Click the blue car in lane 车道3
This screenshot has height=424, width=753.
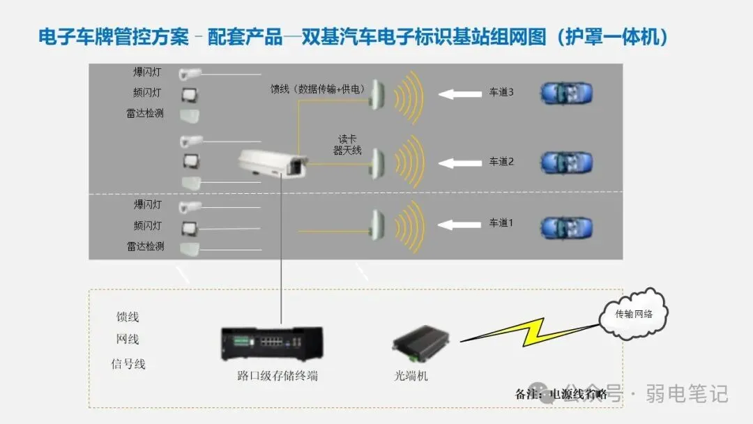tap(566, 93)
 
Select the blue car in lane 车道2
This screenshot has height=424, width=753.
tap(566, 162)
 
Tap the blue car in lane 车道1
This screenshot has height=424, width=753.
tap(566, 227)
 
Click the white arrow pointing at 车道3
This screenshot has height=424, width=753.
tap(459, 93)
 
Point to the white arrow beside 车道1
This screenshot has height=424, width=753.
tap(459, 224)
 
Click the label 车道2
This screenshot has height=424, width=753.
tap(501, 162)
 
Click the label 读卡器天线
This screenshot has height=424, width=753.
tap(347, 144)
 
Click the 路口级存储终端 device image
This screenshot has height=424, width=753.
tap(272, 343)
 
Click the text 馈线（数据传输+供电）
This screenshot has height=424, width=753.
tap(318, 89)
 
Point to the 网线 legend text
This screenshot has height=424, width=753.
tap(128, 340)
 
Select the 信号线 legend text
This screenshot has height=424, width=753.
tap(128, 364)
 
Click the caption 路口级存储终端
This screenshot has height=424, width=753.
tap(277, 376)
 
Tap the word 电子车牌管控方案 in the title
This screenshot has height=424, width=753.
tap(113, 36)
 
